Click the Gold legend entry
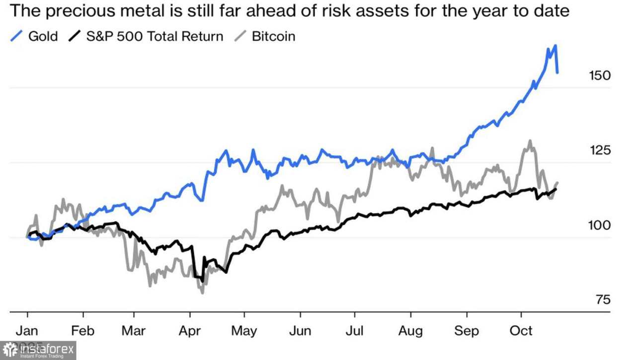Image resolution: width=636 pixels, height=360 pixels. pyautogui.click(x=43, y=36)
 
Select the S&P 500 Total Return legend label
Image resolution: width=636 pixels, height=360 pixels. pyautogui.click(x=155, y=36)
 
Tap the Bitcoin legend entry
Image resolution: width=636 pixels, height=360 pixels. pyautogui.click(x=273, y=36)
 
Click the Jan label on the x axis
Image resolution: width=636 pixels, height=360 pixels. pyautogui.click(x=27, y=331)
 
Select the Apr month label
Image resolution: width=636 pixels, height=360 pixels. pyautogui.click(x=190, y=331)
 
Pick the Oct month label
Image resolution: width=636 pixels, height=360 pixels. pyautogui.click(x=521, y=331)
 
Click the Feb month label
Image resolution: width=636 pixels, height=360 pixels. pyautogui.click(x=83, y=331)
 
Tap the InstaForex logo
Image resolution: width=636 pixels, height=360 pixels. pyautogui.click(x=38, y=351)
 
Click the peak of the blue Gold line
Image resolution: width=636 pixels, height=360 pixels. pyautogui.click(x=555, y=46)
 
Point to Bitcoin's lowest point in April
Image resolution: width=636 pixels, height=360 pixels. pyautogui.click(x=202, y=292)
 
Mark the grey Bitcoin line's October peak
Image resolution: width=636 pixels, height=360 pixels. pyautogui.click(x=530, y=141)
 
